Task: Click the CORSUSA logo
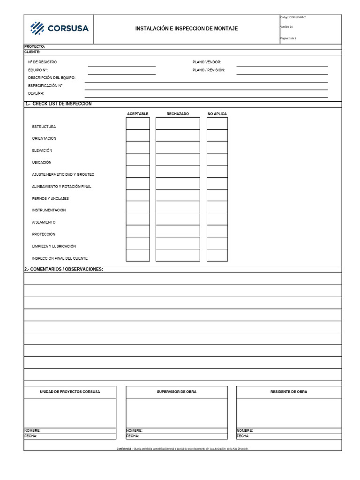(x=59, y=28)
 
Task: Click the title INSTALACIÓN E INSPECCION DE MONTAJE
(x=186, y=29)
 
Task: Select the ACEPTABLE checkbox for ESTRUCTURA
(x=137, y=124)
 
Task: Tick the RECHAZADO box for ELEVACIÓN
(x=177, y=148)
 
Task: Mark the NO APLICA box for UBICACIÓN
(x=217, y=159)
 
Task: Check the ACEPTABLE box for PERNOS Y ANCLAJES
(x=137, y=195)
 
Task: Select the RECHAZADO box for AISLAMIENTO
(x=177, y=219)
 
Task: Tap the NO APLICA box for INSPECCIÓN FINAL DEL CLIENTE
(x=217, y=255)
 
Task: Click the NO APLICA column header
(x=217, y=114)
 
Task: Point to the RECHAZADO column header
(x=178, y=114)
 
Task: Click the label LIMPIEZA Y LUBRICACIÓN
(x=54, y=246)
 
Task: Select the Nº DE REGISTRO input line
(x=121, y=64)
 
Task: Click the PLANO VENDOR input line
(x=282, y=64)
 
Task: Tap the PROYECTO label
(x=35, y=46)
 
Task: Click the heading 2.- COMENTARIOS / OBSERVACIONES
(x=64, y=269)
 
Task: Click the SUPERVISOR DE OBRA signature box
(x=177, y=412)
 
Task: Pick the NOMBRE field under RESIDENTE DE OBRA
(x=289, y=430)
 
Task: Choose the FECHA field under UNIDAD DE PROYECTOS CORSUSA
(x=70, y=436)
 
